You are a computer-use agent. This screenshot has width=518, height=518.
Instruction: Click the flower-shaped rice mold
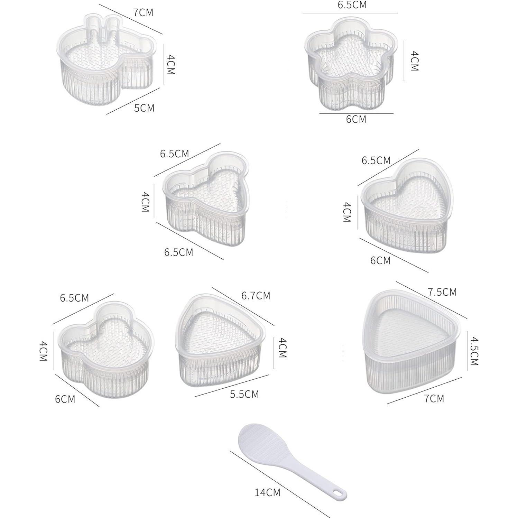[x=349, y=64]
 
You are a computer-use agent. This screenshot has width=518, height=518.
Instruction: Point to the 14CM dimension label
[x=268, y=492]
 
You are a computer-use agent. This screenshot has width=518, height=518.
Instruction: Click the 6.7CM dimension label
[x=256, y=295]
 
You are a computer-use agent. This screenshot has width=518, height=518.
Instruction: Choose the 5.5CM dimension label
[x=244, y=394]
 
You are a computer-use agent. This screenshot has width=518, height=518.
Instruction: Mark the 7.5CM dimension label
[x=442, y=292]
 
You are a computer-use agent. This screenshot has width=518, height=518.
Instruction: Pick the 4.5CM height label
[x=474, y=352]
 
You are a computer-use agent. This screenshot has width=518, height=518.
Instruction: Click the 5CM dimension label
[x=144, y=108]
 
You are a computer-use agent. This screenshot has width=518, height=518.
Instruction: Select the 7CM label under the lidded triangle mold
[x=434, y=398]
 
